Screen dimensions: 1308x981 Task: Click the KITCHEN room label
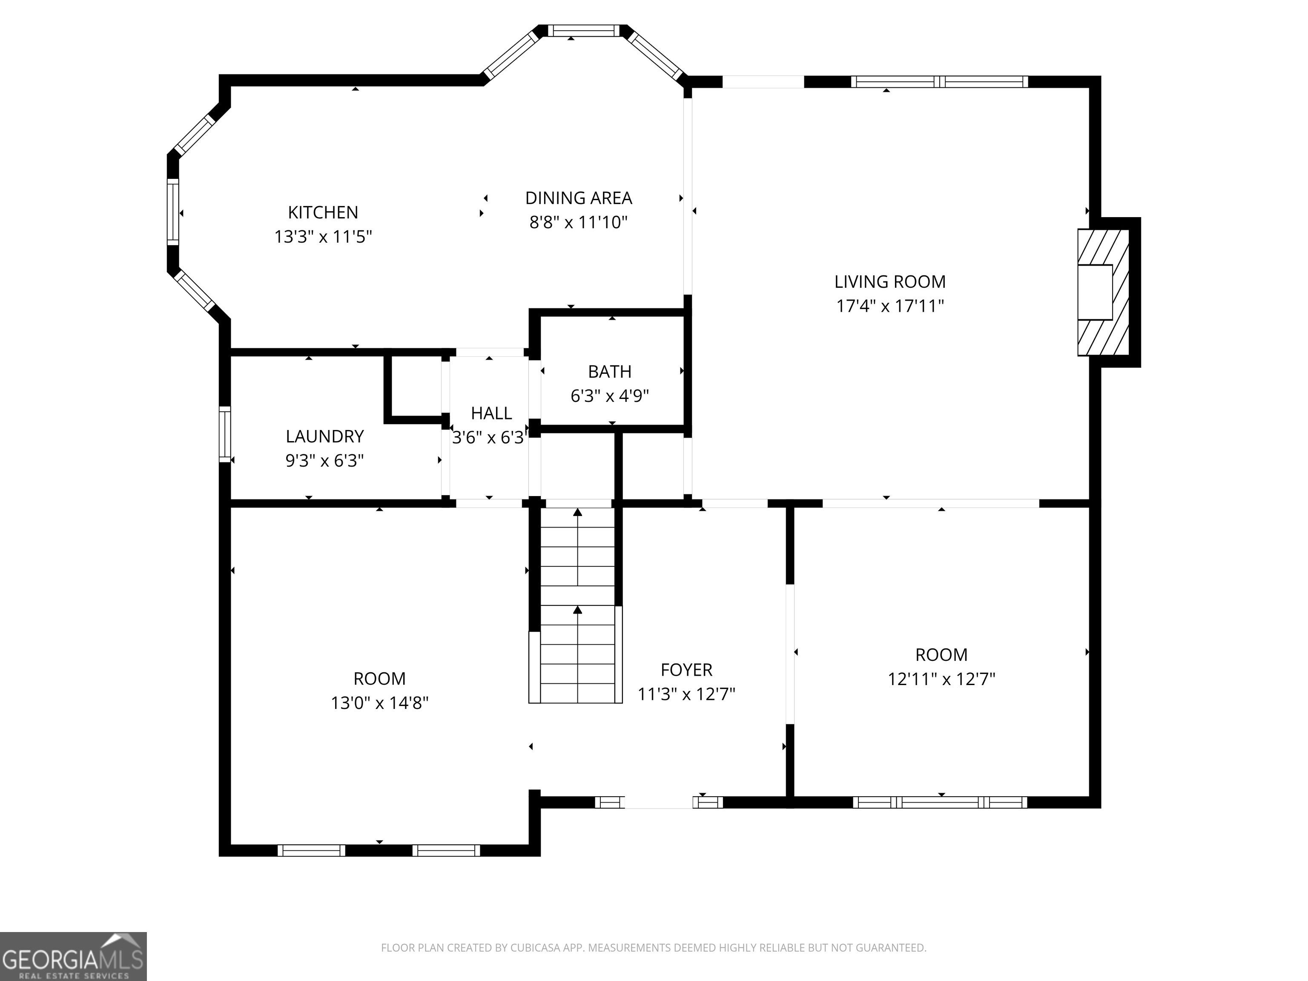click(x=323, y=212)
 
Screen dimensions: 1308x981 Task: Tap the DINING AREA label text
click(x=578, y=198)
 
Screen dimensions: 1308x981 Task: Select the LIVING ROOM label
click(x=890, y=282)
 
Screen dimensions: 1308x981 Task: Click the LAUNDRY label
click(x=324, y=436)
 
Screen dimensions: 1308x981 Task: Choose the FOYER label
click(x=686, y=669)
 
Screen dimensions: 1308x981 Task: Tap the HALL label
click(x=491, y=413)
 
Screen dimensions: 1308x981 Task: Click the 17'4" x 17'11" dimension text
click(x=890, y=306)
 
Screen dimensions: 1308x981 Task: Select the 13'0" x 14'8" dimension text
click(x=380, y=703)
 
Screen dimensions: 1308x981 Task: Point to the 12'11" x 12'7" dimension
click(x=941, y=679)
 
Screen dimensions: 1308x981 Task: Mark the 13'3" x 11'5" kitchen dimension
click(x=323, y=237)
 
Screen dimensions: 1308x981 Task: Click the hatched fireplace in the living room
click(x=1103, y=292)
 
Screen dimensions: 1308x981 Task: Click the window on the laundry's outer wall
click(x=225, y=434)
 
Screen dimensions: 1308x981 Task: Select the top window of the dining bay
click(x=583, y=31)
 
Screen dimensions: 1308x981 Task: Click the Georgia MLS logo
click(x=73, y=956)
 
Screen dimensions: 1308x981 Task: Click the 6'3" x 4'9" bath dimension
click(x=610, y=396)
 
